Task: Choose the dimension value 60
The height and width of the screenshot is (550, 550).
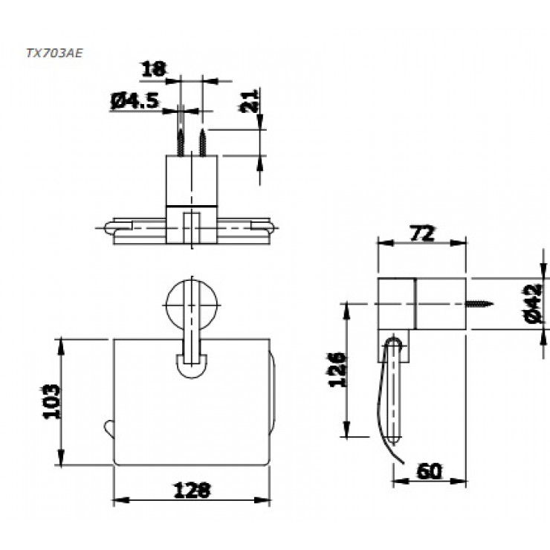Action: click(430, 470)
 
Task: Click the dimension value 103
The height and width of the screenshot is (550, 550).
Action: click(50, 401)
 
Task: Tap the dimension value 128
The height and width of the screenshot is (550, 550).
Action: click(192, 491)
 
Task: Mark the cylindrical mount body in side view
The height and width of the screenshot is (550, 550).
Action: click(422, 302)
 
